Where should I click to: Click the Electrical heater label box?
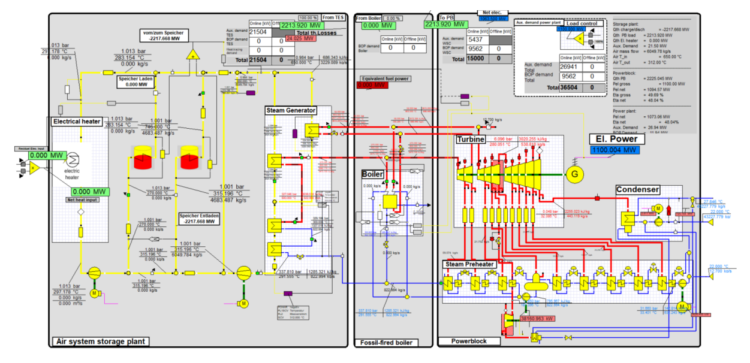[x=76, y=122]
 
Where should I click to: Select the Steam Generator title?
[x=291, y=110]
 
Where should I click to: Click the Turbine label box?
[x=470, y=140]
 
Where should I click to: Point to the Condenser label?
[x=638, y=189]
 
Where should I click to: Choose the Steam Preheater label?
[x=469, y=264]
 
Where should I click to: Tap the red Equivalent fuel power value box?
[x=372, y=86]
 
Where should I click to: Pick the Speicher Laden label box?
[x=136, y=81]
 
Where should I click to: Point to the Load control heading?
[x=581, y=23]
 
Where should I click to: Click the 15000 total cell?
[x=478, y=59]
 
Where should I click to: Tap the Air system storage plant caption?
[x=100, y=341]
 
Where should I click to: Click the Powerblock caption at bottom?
[x=469, y=341]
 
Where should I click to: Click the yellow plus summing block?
[x=192, y=55]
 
